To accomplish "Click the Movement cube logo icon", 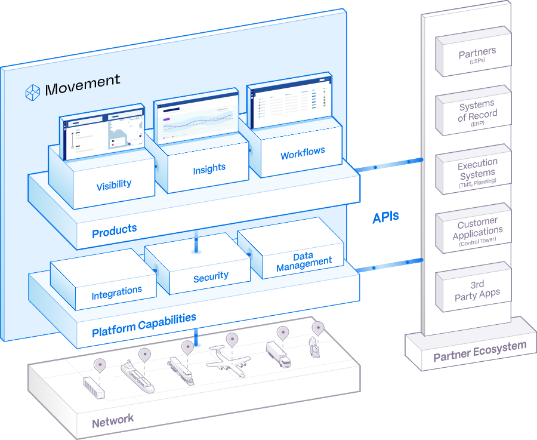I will (32, 92).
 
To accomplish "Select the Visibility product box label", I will (113, 185).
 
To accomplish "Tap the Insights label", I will (209, 170).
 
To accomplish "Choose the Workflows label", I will (303, 153).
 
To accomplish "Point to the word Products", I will (114, 230).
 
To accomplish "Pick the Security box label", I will (211, 276).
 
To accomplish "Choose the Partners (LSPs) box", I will (477, 56).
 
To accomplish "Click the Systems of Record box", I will (477, 113).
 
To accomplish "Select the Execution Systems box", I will (477, 171).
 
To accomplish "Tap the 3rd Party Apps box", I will (477, 290).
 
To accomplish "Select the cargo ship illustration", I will (137, 376).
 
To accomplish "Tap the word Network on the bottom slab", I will (113, 420).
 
